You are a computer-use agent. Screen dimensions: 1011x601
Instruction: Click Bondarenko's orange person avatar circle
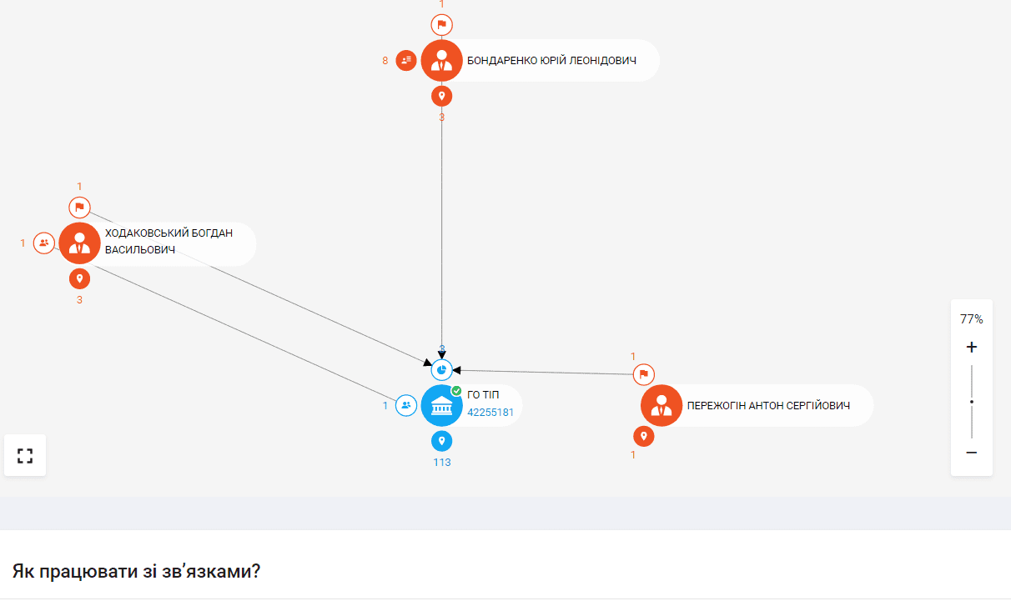coord(441,60)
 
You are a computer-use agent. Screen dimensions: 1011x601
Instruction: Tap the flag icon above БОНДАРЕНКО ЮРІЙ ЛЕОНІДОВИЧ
coord(441,25)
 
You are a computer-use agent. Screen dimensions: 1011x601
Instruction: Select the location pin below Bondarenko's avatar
coord(441,96)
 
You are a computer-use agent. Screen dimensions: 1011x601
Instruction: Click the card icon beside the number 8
coord(406,60)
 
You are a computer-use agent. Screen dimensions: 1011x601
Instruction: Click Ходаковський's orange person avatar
coord(79,243)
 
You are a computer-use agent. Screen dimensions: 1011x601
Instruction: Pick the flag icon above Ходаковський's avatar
coord(79,208)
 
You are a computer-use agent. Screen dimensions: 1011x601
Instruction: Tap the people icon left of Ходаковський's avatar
coord(43,243)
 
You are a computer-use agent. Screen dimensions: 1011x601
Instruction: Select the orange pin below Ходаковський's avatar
coord(79,278)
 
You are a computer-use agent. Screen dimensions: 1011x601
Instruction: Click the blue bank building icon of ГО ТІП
coord(441,405)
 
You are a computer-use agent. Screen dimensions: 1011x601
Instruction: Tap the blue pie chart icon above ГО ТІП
coord(441,370)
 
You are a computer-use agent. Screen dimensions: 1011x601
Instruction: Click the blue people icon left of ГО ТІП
coord(406,405)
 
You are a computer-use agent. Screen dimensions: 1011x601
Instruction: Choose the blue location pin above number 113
coord(441,441)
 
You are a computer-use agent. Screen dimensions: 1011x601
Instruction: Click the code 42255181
coord(490,413)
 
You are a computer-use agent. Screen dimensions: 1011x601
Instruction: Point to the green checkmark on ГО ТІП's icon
coord(456,391)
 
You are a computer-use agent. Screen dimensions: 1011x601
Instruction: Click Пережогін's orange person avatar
coord(661,405)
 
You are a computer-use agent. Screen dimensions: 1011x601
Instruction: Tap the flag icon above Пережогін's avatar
coord(644,374)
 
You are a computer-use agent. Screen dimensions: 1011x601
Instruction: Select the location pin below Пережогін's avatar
coord(644,437)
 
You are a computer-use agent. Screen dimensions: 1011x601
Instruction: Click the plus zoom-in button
coord(971,347)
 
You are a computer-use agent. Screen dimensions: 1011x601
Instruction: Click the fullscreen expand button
coord(25,455)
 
